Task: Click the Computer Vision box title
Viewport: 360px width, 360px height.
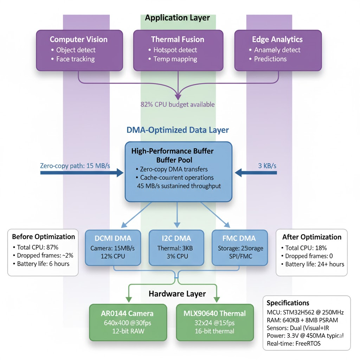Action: click(79, 39)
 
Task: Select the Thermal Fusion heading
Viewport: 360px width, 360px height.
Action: click(178, 39)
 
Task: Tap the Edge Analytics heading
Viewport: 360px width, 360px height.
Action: click(277, 39)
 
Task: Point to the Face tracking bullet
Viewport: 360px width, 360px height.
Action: click(75, 59)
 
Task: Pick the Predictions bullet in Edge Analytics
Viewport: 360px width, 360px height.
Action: click(270, 59)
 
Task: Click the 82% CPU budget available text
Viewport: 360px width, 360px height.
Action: click(178, 104)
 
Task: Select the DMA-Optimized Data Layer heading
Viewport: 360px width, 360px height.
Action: click(178, 130)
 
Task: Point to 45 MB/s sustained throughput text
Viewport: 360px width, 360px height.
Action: click(179, 186)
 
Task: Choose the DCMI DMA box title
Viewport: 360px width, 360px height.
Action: click(113, 239)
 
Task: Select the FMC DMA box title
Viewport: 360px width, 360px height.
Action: click(239, 239)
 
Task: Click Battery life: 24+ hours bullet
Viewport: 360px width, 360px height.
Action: click(315, 264)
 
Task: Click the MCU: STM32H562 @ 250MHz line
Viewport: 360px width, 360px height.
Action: click(305, 313)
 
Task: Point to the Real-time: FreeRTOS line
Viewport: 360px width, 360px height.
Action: click(294, 343)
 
